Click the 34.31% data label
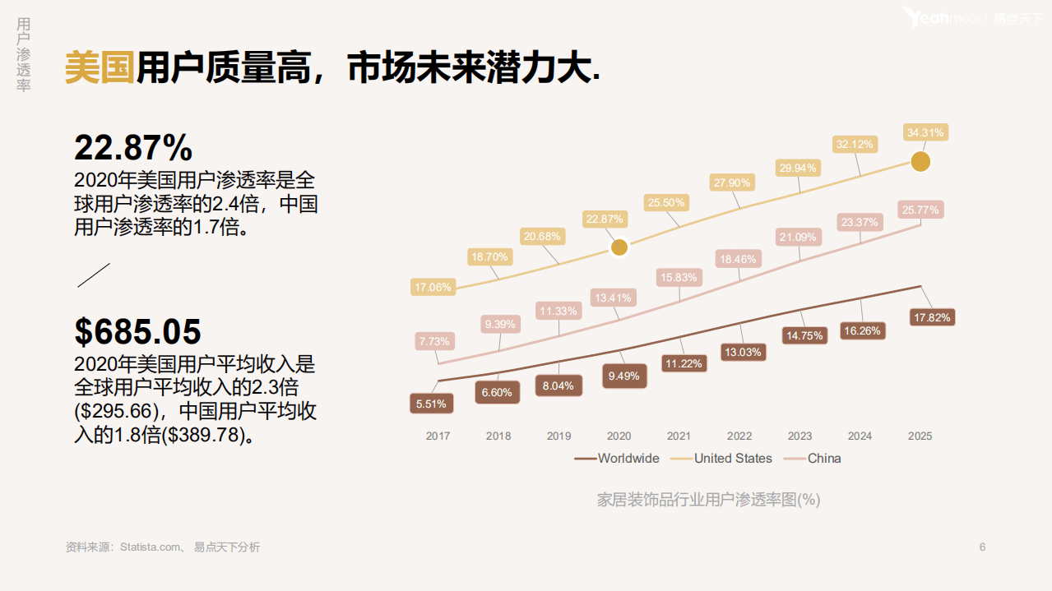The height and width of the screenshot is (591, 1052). click(x=926, y=132)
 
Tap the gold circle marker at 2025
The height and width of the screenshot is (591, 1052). click(x=920, y=162)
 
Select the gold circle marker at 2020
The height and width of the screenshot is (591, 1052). click(x=619, y=247)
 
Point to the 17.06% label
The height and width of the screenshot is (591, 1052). click(x=433, y=287)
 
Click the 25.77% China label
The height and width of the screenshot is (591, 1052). click(x=920, y=210)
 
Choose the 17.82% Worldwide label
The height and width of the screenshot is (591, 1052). click(x=932, y=317)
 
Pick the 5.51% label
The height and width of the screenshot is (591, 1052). click(x=431, y=404)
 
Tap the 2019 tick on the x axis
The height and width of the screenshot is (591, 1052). click(x=558, y=436)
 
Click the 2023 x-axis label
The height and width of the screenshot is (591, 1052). click(x=799, y=436)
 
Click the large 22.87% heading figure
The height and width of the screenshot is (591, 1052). click(x=133, y=148)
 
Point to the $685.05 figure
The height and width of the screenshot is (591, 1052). click(x=137, y=331)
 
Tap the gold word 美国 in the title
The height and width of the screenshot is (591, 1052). click(x=99, y=67)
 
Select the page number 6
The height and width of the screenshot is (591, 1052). click(x=982, y=547)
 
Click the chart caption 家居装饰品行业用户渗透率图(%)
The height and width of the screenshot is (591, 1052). click(x=708, y=499)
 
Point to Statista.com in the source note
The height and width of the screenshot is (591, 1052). click(x=151, y=547)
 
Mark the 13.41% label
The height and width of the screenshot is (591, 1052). click(x=613, y=298)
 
